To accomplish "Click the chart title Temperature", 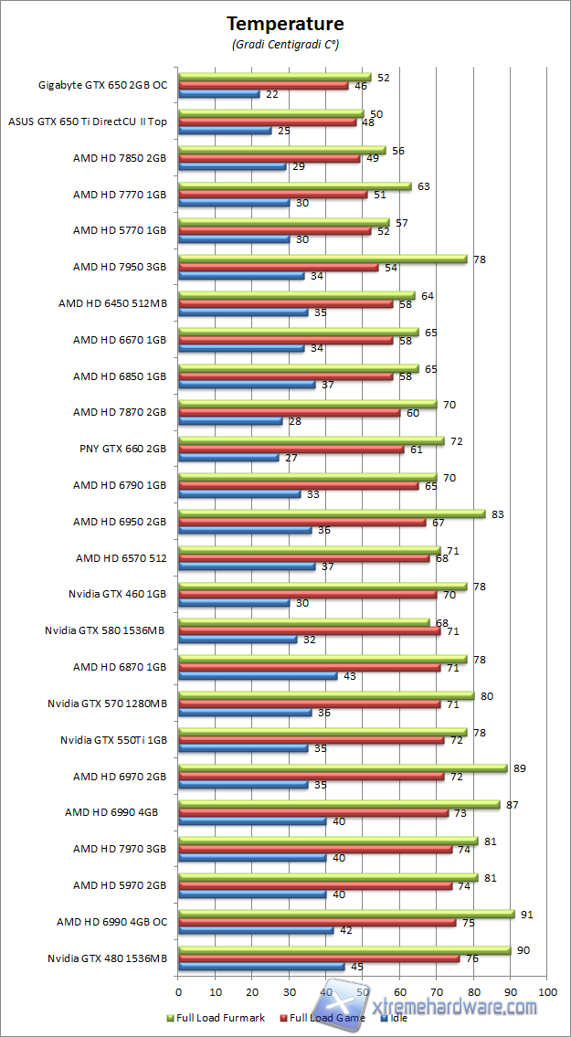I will click(285, 23).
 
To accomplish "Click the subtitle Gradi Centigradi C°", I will click(285, 44).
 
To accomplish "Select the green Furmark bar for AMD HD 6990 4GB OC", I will click(346, 914).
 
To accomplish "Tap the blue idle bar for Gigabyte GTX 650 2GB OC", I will click(219, 94).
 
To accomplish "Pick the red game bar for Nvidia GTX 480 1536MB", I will click(319, 958).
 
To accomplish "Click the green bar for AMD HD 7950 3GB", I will click(323, 259).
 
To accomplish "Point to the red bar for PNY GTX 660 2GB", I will click(291, 450).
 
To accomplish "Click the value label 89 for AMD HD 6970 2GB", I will click(519, 768).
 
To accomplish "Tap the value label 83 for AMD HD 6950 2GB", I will click(497, 514).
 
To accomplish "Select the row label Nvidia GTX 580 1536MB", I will click(106, 630).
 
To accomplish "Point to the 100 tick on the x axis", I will click(547, 990).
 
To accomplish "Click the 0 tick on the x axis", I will click(178, 990).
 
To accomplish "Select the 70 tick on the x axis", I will click(437, 990).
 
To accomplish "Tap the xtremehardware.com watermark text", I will click(466, 1007).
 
